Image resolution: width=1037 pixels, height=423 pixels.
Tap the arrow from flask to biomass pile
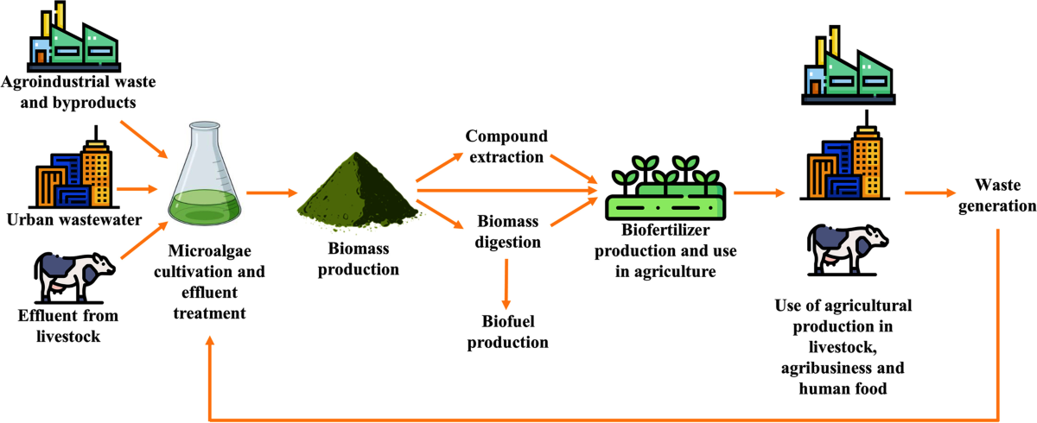pos(267,193)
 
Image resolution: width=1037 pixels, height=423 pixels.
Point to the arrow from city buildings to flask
pos(137,188)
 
